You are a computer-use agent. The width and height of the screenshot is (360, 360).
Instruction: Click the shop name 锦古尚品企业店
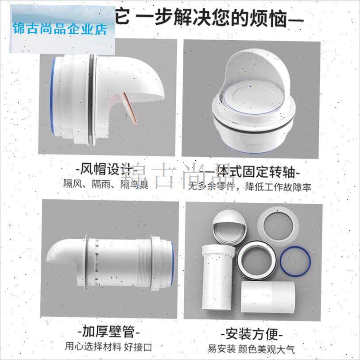(x=60, y=30)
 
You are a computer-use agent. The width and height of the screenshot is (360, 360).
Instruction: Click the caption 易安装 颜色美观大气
(x=251, y=348)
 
